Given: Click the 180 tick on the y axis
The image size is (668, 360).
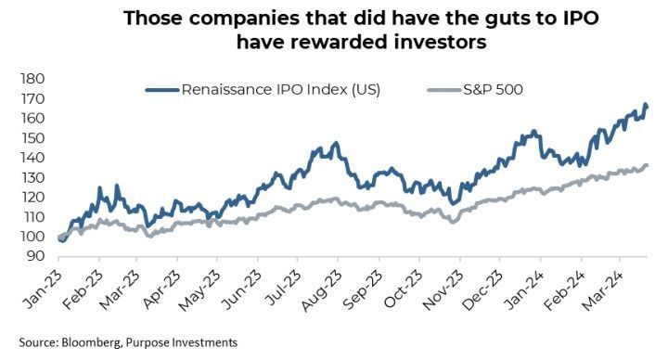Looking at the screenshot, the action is [x=32, y=79].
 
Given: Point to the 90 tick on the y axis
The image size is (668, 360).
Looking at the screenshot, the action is [x=36, y=256].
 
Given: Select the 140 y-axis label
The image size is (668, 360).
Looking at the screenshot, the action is [x=32, y=158].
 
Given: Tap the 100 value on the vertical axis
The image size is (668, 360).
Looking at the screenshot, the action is [x=32, y=237].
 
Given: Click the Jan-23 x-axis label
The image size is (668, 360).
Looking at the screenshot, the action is [x=43, y=289].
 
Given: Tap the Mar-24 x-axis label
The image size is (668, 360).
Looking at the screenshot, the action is [x=603, y=290].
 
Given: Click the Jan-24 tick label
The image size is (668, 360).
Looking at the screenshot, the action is [x=524, y=289].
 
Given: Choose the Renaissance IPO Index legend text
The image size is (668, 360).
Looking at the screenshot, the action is [x=281, y=90].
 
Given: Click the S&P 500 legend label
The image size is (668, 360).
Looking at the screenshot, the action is [x=493, y=90].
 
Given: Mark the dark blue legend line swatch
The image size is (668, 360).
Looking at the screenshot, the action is [x=161, y=90].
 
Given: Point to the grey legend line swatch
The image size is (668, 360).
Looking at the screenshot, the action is [x=444, y=90].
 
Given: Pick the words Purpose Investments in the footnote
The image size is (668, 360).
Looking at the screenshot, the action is [x=181, y=342].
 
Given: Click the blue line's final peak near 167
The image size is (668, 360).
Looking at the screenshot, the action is [x=646, y=104].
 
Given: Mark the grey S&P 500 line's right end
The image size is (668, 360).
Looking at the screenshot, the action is [x=648, y=165].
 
